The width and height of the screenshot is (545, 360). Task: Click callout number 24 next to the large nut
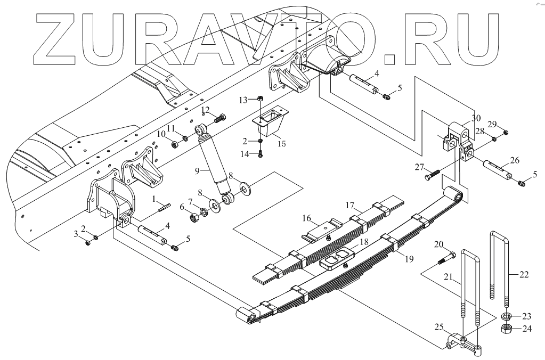[526, 329]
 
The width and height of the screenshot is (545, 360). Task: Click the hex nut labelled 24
[507, 328]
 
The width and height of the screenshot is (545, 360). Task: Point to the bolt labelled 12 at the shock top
[221, 119]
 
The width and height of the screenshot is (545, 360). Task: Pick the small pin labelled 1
[164, 207]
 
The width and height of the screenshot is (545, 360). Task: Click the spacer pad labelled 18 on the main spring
[335, 261]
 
